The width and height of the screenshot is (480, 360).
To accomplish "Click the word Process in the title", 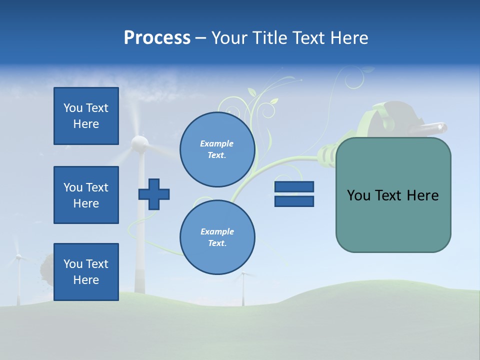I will [x=157, y=38].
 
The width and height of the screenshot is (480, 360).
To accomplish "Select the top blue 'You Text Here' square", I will [x=86, y=116].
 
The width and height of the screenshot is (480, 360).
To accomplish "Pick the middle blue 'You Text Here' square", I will [x=86, y=195].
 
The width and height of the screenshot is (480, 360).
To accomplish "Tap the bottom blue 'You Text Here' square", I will [x=86, y=272].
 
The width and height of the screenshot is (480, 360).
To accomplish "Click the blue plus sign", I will [x=154, y=194].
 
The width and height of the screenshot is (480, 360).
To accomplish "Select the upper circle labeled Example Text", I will [x=217, y=149].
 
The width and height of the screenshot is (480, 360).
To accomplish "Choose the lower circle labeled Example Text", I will [x=217, y=237].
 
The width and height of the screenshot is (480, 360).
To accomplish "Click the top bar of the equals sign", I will [x=294, y=186].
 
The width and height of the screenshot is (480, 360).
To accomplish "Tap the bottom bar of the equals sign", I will [x=294, y=201].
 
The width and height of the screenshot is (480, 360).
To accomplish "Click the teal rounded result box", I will [x=393, y=195].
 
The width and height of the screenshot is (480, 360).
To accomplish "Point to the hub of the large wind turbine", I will [x=139, y=144].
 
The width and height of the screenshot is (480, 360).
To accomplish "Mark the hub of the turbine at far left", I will [x=18, y=256].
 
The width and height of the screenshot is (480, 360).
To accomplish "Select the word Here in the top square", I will [x=86, y=124].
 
